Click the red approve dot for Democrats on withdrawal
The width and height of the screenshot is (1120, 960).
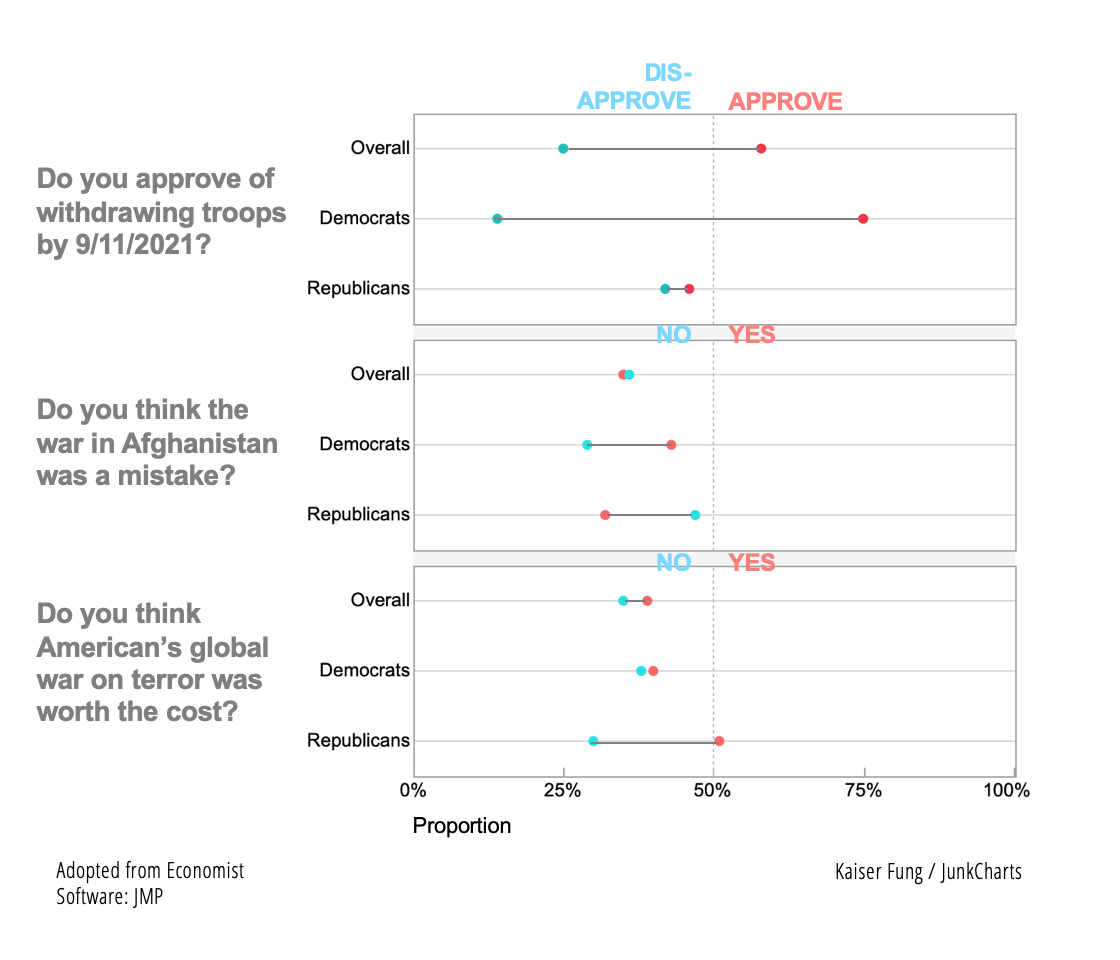coord(863,219)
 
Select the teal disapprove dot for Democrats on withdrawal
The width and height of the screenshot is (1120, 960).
coord(497,219)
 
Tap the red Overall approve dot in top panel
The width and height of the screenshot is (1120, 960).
coord(761,149)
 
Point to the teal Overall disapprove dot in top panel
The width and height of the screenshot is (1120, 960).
coord(563,149)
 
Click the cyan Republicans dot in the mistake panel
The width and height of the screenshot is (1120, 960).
coord(695,515)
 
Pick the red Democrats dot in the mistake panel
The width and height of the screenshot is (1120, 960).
coord(671,445)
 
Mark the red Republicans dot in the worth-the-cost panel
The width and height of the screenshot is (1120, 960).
coord(719,741)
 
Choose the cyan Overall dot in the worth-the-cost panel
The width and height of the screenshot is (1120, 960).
coord(623,601)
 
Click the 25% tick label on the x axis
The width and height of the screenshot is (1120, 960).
coord(563,791)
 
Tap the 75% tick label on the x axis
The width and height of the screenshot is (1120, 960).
coord(864,791)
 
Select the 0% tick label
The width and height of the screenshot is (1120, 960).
coord(413,791)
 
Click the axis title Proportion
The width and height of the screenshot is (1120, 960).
coord(462,826)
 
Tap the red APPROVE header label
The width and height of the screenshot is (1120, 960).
coord(785,101)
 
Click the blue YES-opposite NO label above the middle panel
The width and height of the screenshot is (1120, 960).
coord(673,335)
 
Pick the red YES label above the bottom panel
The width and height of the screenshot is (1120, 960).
coord(752,562)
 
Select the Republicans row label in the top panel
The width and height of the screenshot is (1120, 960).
coord(358,289)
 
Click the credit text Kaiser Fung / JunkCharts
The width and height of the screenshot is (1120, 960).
coord(928,872)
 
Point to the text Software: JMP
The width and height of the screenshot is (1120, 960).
coord(110,896)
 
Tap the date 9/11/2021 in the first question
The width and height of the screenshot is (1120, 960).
coord(138,245)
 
